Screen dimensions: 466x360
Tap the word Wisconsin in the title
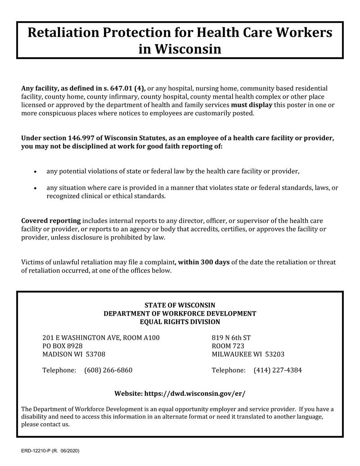coord(188,48)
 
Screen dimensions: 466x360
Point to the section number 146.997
coord(85,138)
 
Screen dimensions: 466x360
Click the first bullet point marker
coord(36,172)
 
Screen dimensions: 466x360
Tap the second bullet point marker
coord(36,188)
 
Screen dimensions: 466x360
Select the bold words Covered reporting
coord(51,221)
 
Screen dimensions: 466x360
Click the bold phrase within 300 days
coord(204,262)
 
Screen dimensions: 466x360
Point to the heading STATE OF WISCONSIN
coord(180,305)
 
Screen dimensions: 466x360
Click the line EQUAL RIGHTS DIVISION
coord(180,322)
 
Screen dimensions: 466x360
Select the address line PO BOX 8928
coord(63,346)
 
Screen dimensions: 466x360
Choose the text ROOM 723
coord(228,346)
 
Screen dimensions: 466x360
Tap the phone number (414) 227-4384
coord(278,371)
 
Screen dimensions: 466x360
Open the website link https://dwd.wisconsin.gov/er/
coord(194,394)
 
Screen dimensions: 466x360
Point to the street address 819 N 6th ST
coord(231,338)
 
